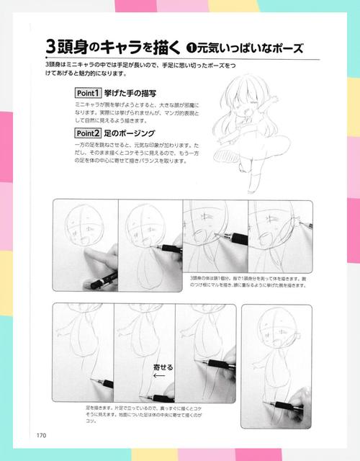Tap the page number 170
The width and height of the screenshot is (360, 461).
pos(42,434)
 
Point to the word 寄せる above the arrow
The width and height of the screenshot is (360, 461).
pos(165,367)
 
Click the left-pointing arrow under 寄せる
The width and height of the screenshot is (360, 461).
pos(160,375)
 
